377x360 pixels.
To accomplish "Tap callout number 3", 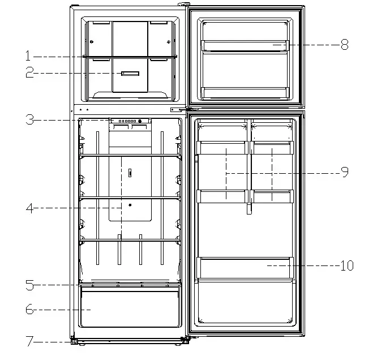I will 29,119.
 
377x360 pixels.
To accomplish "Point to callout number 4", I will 29,208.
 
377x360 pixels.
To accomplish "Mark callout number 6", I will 29,310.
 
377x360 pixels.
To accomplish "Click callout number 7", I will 29,341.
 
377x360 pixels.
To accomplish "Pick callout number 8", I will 344,45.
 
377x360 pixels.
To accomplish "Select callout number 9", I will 344,172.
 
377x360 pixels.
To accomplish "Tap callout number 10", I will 346,264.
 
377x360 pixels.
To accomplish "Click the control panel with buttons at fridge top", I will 130,121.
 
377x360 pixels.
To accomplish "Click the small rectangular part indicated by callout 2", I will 130,74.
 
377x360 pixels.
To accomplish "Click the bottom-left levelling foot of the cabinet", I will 74,341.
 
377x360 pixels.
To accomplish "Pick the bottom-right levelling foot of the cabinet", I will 185,341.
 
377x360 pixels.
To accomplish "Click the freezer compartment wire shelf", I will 130,57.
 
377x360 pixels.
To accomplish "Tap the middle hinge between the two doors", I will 188,109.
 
